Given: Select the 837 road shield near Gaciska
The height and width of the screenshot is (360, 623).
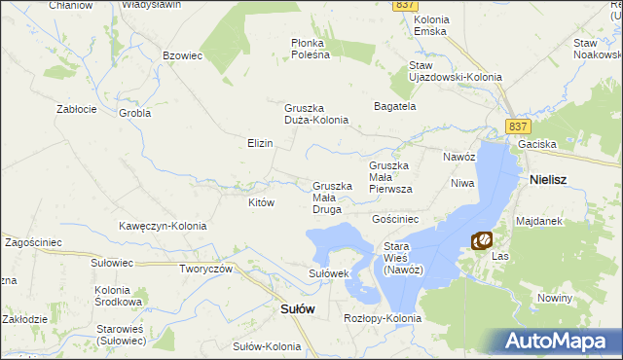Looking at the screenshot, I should coord(517,126).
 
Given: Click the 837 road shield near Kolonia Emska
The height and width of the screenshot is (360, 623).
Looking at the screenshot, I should coord(407,6).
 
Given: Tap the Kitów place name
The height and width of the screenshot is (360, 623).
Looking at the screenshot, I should coord(262,202).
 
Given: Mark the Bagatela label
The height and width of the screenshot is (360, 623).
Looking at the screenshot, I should coord(395,105).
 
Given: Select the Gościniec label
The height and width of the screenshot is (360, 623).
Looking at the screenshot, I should coord(395,220).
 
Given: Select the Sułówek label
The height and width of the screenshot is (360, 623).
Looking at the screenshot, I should coord(329,273).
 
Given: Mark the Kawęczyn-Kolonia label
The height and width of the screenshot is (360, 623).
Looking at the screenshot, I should coord(163,226).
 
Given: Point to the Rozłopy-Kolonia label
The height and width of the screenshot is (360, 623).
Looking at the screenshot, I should coord(383,318).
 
